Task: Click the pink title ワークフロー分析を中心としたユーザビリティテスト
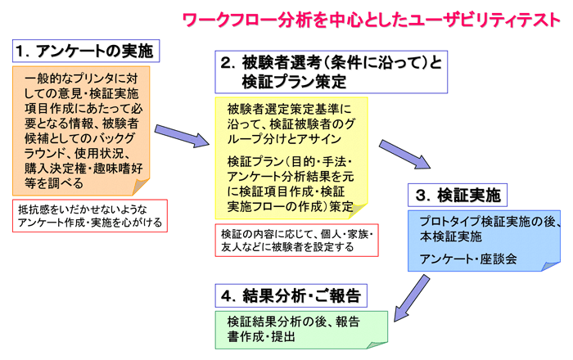[x=372, y=20]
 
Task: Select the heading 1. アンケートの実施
[x=86, y=51]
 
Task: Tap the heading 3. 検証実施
[x=458, y=195]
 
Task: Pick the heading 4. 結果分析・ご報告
[x=291, y=295]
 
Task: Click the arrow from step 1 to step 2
[x=182, y=136]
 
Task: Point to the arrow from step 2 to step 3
[x=404, y=154]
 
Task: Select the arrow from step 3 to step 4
[x=412, y=298]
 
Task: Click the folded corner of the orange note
[x=140, y=187]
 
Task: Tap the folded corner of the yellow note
[x=358, y=210]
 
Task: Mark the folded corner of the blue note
[x=550, y=266]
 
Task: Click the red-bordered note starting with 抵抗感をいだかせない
[x=90, y=216]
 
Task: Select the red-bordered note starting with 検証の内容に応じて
[x=296, y=241]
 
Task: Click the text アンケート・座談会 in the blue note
[x=468, y=259]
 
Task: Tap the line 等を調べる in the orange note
[x=54, y=183]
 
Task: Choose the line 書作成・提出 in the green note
[x=261, y=336]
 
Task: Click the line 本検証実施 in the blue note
[x=450, y=236]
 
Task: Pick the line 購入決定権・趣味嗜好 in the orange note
[x=83, y=169]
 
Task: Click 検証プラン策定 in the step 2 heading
[x=294, y=82]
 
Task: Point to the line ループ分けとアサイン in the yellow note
[x=284, y=139]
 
